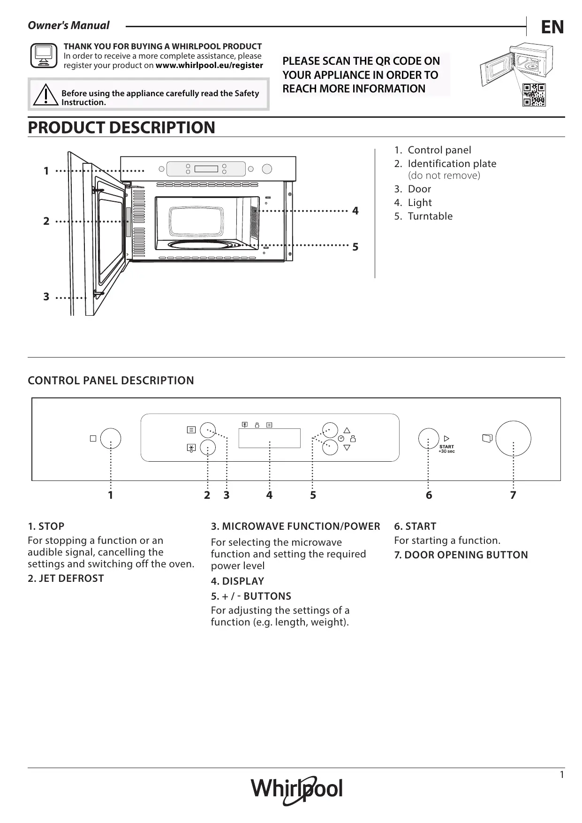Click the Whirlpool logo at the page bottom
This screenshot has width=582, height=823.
tap(297, 789)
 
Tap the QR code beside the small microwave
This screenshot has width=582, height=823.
tap(534, 95)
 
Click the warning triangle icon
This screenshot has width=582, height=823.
tap(45, 94)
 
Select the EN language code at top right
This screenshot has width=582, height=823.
tap(552, 27)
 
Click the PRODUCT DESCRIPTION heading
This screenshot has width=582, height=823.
tap(121, 127)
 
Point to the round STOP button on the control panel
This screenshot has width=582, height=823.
tap(111, 438)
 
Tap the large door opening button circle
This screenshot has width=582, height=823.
tap(513, 438)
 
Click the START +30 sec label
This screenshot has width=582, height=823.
tap(446, 449)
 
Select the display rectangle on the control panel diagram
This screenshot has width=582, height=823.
tap(269, 438)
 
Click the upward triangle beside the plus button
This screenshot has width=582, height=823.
tap(347, 430)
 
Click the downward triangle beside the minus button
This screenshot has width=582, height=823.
tap(347, 447)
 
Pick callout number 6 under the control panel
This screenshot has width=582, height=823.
tap(429, 495)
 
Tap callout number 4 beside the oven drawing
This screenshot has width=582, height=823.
tap(355, 211)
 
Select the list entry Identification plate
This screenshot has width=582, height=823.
tap(452, 164)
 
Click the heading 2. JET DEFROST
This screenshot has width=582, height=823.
tap(66, 579)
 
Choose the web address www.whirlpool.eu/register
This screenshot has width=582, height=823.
tap(209, 66)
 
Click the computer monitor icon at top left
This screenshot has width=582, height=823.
tap(43, 55)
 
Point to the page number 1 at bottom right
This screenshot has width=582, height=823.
tap(562, 775)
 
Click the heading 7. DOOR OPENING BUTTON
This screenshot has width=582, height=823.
tap(461, 555)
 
